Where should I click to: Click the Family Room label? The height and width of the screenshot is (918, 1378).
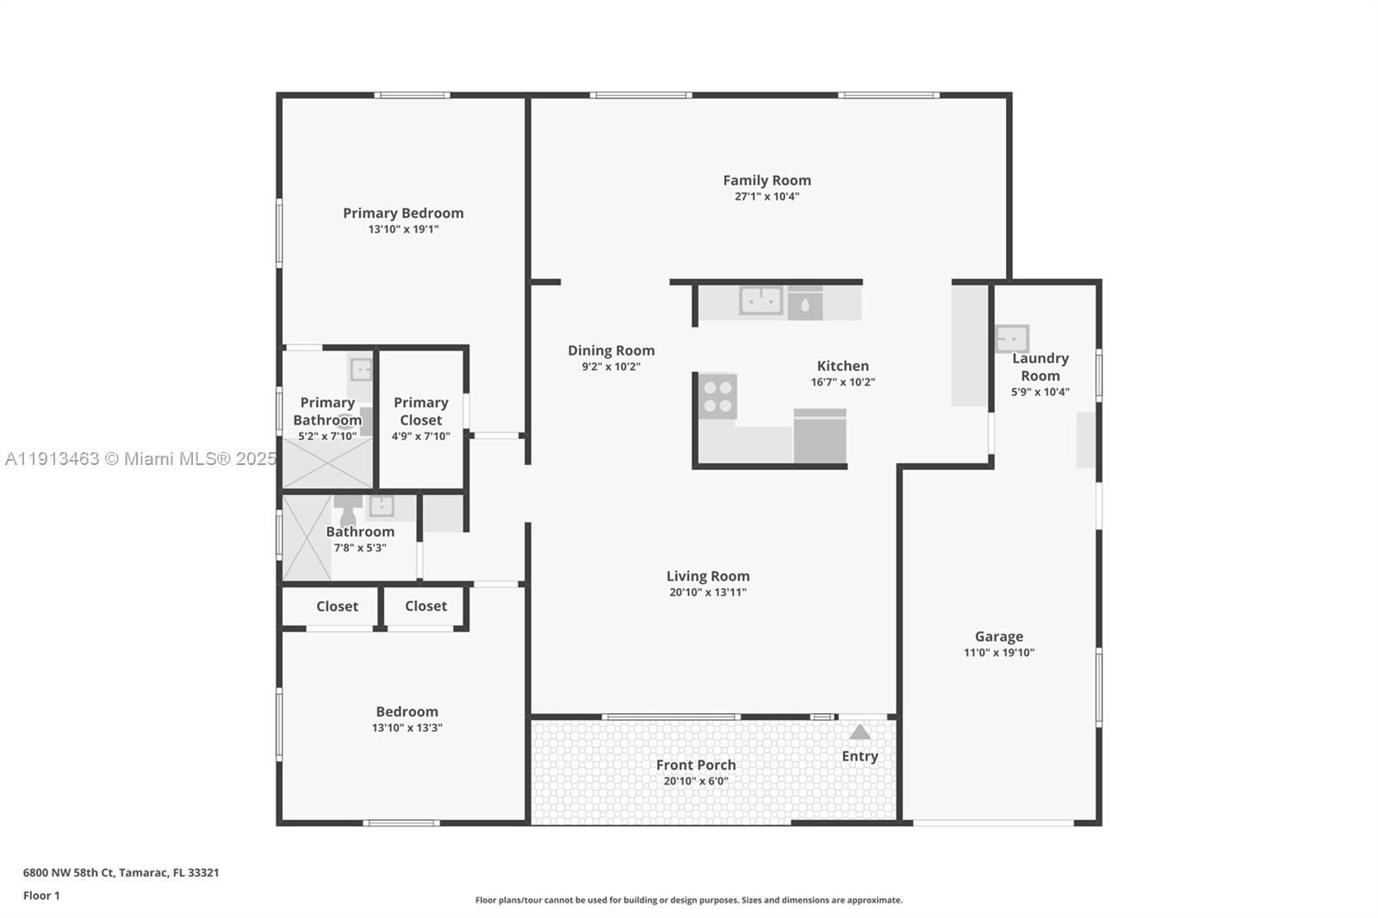click(x=767, y=180)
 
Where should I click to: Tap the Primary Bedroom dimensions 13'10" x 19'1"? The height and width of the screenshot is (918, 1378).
click(x=403, y=229)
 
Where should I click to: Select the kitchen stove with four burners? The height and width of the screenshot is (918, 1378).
click(x=717, y=396)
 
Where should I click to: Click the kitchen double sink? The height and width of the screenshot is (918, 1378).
click(x=761, y=301)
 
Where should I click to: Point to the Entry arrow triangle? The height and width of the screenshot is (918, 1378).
click(x=860, y=732)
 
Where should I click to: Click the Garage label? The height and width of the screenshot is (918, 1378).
click(x=999, y=636)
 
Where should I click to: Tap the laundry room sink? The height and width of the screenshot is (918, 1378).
click(x=1012, y=338)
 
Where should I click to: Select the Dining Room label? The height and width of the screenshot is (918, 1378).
click(x=611, y=350)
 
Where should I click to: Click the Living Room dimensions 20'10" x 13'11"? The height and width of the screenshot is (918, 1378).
click(x=708, y=592)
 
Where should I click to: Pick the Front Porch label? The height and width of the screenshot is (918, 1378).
click(x=696, y=765)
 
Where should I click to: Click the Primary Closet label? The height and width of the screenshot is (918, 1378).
click(x=420, y=411)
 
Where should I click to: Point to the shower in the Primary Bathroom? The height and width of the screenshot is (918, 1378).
click(x=327, y=463)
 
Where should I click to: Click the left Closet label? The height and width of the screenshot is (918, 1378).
click(x=337, y=606)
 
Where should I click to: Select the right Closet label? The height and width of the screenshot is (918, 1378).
click(x=425, y=606)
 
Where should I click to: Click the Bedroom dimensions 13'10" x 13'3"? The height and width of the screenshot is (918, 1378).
click(x=407, y=728)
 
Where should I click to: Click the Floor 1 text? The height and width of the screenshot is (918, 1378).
click(x=41, y=896)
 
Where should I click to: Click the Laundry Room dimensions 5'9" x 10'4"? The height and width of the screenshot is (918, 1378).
click(x=1040, y=392)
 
